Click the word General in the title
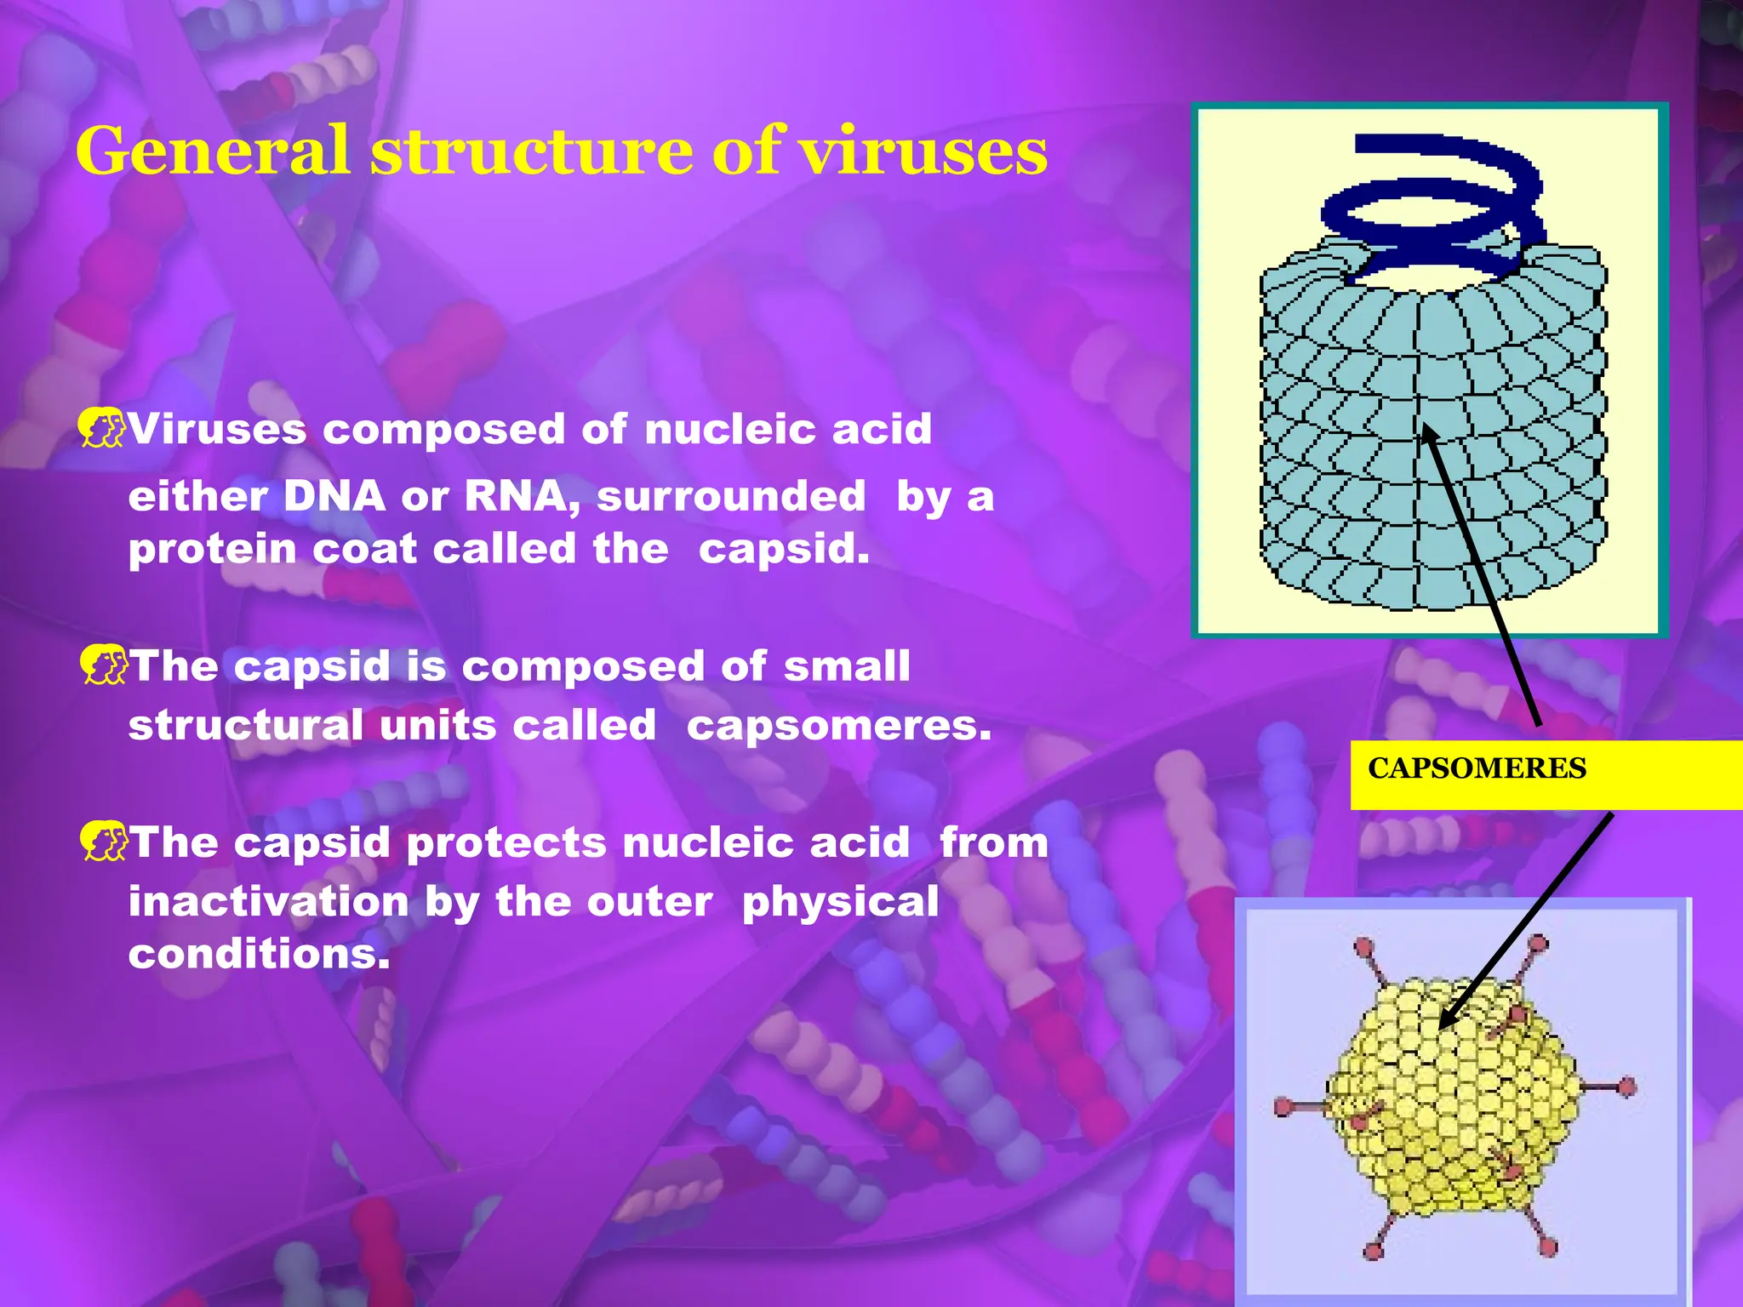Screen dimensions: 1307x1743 (x=213, y=151)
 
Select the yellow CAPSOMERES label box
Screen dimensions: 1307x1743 (x=1545, y=773)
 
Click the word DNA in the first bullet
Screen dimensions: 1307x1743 (x=334, y=497)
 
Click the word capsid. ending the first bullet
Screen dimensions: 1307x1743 (x=784, y=550)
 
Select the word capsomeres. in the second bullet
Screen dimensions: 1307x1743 (x=839, y=726)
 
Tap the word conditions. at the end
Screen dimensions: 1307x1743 (x=259, y=954)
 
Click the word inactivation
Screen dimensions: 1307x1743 (x=268, y=902)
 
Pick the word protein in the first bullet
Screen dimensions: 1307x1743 (x=212, y=550)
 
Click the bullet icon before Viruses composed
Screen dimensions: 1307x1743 (x=101, y=428)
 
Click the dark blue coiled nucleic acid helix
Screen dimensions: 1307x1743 (x=1438, y=213)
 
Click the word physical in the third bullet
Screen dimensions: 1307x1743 (x=840, y=902)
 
